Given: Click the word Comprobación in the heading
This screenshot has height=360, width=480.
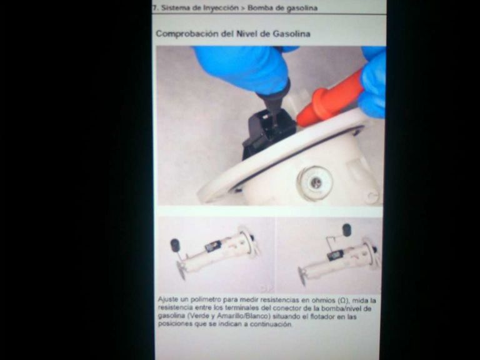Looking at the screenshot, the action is pos(187,33).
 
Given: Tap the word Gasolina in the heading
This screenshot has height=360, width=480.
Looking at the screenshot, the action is pos(291,33).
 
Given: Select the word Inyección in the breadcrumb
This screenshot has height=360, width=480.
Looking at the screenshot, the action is pos(221,8).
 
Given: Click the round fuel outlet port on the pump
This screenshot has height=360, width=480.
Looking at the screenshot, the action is pos(315,182).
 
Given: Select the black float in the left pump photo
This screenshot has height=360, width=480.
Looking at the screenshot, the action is pos(176,245).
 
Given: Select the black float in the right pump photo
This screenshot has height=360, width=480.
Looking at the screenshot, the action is pos(346,230).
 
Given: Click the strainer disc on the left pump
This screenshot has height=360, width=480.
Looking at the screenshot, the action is pos(181,270).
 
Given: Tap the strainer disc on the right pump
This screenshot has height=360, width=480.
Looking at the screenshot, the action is pos(302,276).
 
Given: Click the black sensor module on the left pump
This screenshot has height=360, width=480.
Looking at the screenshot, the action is pos(213,246).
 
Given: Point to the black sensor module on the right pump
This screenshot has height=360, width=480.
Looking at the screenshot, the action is pos(335,255).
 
